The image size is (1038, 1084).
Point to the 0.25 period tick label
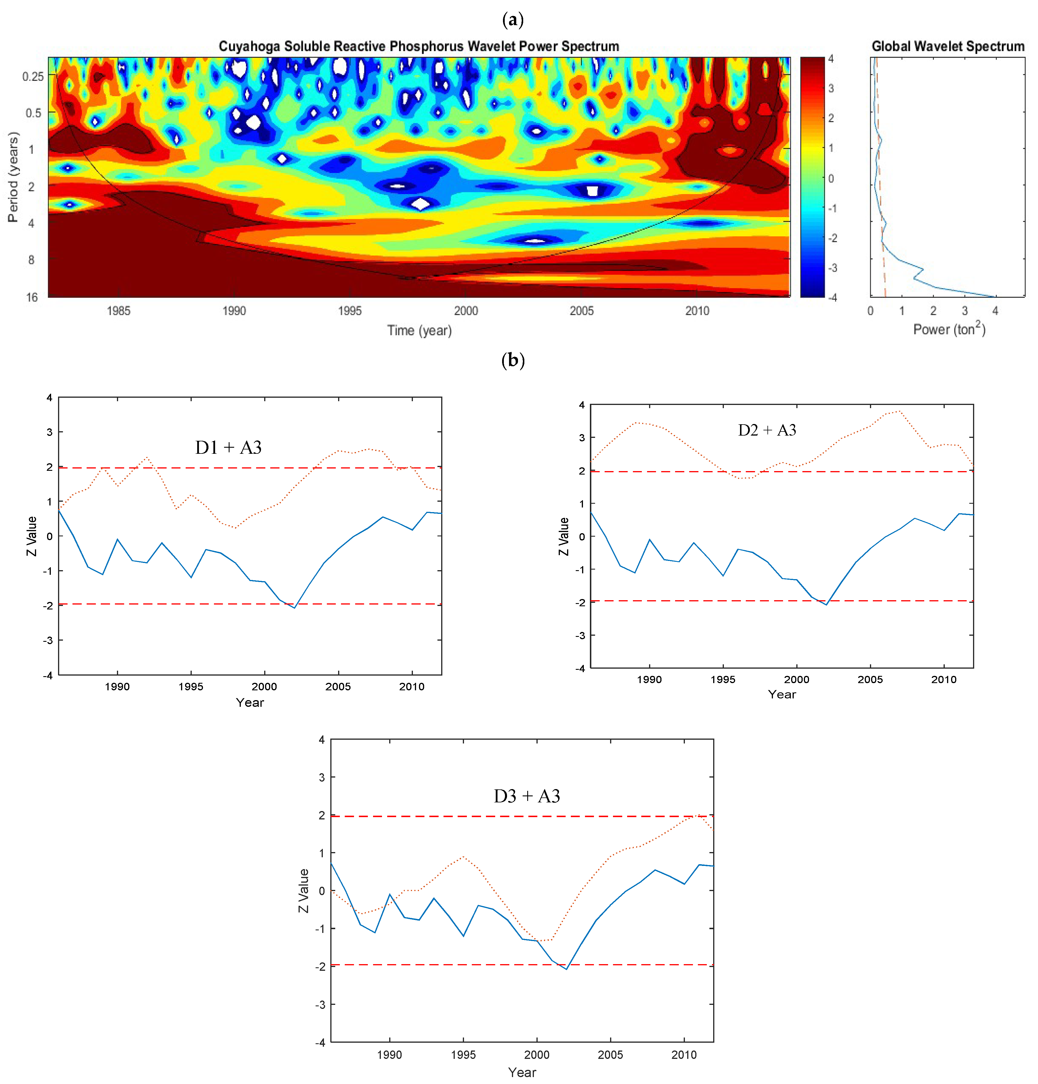33,76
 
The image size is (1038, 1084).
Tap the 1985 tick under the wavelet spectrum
118,311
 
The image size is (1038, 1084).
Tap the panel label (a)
513,20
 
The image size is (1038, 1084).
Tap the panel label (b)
513,360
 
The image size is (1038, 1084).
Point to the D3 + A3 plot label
526,796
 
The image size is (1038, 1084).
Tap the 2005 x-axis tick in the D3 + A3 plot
610,1055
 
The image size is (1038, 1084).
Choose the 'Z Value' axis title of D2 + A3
564,536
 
